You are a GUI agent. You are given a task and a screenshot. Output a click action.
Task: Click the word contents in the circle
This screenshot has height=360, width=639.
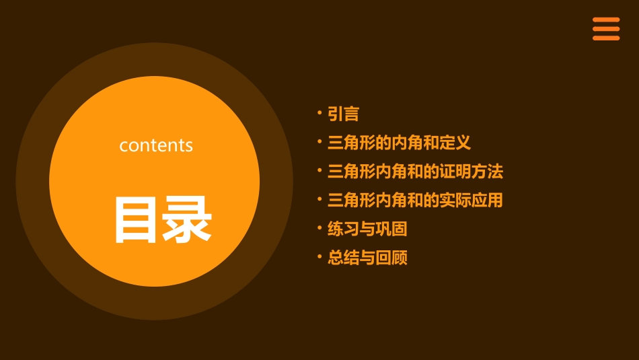156,145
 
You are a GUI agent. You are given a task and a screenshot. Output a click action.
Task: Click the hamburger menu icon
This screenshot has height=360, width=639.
606,29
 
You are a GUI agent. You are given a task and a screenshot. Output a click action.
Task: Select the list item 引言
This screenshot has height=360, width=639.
343,114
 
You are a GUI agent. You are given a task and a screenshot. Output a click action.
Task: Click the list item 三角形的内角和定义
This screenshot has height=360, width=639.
399,143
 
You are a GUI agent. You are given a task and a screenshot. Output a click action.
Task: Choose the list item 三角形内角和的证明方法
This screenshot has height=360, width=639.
415,171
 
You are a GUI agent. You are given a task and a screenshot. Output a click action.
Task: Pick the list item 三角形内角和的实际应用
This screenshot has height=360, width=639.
415,200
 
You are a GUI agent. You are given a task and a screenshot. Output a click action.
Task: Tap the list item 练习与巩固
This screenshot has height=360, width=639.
367,229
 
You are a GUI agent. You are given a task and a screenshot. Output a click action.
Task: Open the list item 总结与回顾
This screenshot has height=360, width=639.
367,258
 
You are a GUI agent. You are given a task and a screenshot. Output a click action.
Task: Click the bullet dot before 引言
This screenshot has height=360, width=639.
319,112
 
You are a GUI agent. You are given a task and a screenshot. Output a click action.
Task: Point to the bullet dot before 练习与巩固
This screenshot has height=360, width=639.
319,227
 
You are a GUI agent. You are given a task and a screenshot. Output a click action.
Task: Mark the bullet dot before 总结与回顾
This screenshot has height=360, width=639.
319,256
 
